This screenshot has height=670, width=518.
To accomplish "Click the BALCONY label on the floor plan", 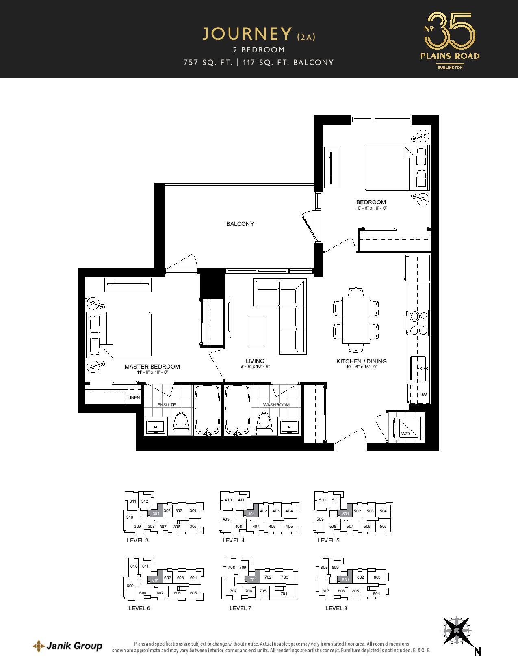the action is [x=240, y=224].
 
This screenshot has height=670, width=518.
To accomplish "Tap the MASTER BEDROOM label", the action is [x=152, y=367].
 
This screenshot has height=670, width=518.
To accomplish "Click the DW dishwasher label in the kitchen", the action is [x=423, y=394].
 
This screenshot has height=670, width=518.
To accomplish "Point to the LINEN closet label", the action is [x=134, y=398].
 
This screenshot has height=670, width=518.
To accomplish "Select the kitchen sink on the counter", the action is [x=418, y=368].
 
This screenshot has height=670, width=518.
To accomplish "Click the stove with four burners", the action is [x=418, y=323].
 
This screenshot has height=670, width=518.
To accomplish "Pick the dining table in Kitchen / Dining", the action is [x=356, y=320].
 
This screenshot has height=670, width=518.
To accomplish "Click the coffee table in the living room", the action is [x=256, y=331].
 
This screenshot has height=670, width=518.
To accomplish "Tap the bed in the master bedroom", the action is [x=119, y=335].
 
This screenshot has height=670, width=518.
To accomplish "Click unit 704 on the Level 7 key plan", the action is [x=284, y=594].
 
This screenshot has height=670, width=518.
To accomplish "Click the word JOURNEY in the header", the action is [x=247, y=34].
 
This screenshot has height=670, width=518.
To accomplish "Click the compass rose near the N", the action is [x=457, y=631].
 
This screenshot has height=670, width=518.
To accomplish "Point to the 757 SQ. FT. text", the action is [x=208, y=62].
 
